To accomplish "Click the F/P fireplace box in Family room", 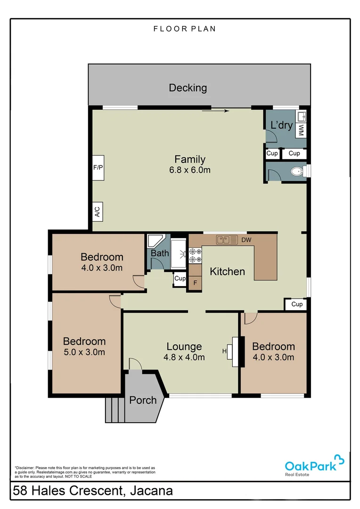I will [98, 167].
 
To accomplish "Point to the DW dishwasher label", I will [246, 240].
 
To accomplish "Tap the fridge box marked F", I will [195, 283].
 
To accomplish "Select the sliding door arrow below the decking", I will [215, 111].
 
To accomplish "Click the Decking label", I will [188, 88].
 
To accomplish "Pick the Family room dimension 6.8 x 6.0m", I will [190, 170].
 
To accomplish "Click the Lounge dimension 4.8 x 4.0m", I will [184, 357].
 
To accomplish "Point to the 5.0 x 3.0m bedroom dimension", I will [84, 352].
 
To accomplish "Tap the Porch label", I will [143, 400].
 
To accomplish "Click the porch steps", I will [114, 410].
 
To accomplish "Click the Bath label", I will [160, 253].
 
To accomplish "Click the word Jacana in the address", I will [149, 491].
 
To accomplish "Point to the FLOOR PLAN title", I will [184, 29].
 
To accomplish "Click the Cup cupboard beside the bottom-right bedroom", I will [296, 304].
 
